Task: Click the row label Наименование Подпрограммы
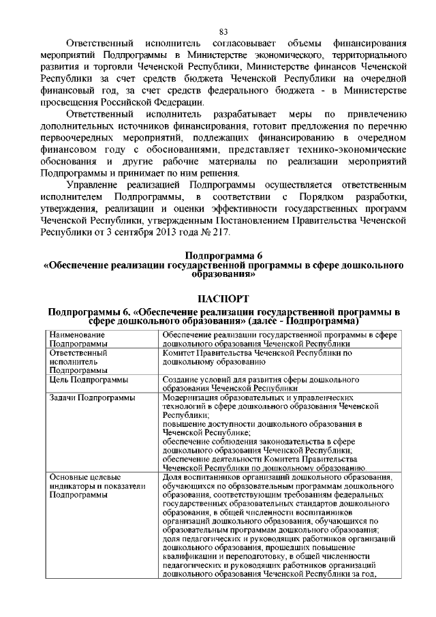(77, 340)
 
